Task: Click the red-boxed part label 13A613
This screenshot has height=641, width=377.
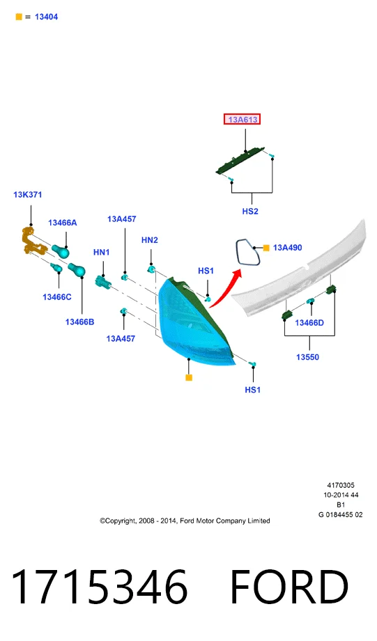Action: (x=243, y=120)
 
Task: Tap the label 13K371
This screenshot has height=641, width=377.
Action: (x=28, y=195)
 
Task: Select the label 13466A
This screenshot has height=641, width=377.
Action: (x=62, y=223)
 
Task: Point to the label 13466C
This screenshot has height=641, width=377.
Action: (x=57, y=297)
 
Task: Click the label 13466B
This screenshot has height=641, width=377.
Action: (x=80, y=322)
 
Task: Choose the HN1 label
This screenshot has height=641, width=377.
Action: (x=102, y=252)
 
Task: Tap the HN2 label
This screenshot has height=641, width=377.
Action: (x=149, y=240)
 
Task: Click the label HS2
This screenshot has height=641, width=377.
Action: (x=250, y=212)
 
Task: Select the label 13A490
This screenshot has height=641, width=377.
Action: (x=287, y=248)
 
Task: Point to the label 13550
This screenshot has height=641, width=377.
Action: (x=307, y=357)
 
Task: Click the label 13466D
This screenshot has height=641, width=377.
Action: (x=309, y=323)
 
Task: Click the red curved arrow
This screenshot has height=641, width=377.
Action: (x=224, y=290)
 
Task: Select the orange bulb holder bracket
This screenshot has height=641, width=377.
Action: (x=32, y=242)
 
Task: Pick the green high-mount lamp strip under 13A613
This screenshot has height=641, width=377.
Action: (x=240, y=161)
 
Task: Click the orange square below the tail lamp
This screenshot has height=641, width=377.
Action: (x=189, y=377)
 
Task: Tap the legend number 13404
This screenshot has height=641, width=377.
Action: (x=46, y=17)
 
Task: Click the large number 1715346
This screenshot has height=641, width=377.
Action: (x=99, y=587)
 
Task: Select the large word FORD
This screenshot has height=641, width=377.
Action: (x=289, y=587)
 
